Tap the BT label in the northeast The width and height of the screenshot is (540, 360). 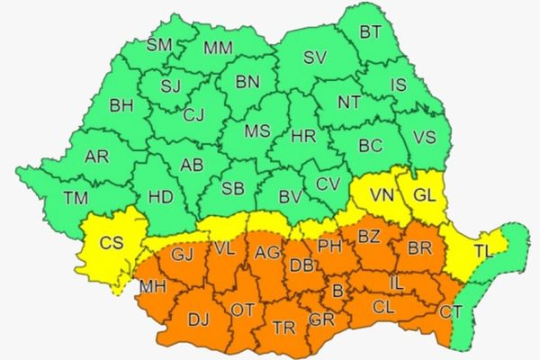(x=370, y=32)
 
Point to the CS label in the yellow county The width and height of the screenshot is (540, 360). (x=112, y=241)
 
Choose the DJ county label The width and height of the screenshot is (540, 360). (x=198, y=318)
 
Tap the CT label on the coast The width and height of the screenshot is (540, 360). (x=452, y=311)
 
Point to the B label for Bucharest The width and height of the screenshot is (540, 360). (x=338, y=291)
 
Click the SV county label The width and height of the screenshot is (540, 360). (x=314, y=58)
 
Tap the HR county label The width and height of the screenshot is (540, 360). (x=304, y=138)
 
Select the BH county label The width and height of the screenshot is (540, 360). (x=121, y=106)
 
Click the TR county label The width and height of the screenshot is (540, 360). (x=283, y=326)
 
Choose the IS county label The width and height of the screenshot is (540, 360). (x=399, y=85)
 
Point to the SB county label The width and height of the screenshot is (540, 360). (x=233, y=188)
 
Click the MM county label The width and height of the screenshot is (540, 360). (x=216, y=47)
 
